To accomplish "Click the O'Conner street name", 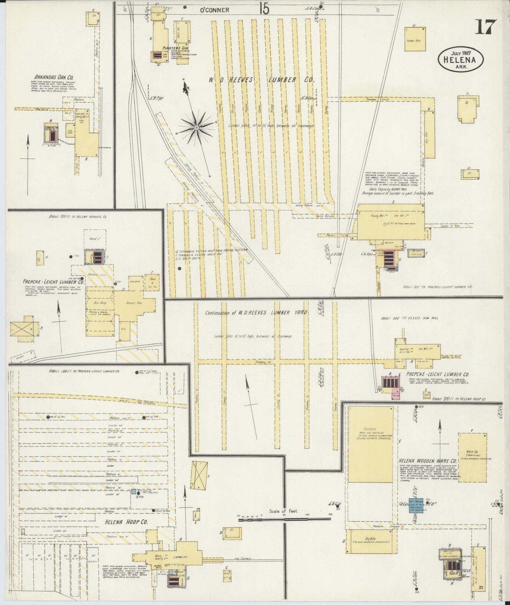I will point(215,10).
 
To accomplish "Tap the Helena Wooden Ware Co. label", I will point(428,461).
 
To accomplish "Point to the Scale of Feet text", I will point(283,511).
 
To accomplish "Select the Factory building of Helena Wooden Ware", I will point(370,444).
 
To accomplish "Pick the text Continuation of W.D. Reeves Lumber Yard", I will point(256,312).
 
